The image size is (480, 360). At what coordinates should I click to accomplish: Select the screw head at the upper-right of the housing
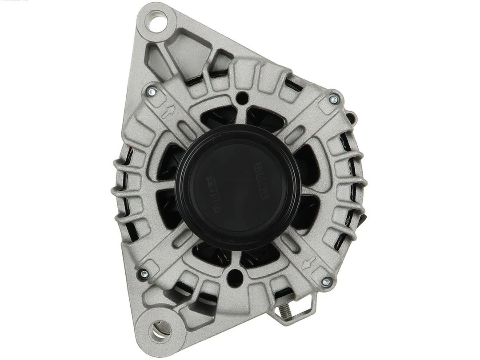(x=333, y=100)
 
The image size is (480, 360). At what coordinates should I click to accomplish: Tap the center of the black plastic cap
(x=238, y=187)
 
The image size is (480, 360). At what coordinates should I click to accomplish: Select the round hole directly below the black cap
(x=234, y=278)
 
